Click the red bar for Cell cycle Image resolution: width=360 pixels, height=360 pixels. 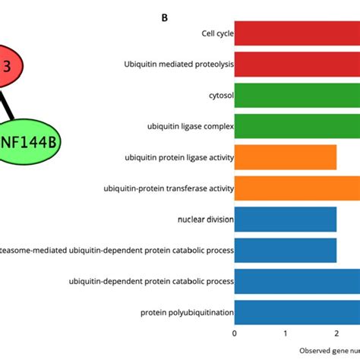pos(296,33)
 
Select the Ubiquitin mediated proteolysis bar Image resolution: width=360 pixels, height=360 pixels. pos(296,65)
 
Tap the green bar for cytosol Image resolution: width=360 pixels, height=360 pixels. pos(296,96)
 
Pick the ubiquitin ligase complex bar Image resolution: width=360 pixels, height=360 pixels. pos(296,127)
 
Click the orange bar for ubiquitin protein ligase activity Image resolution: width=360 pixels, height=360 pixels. pos(286,157)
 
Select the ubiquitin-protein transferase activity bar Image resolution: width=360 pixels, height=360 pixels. pos(296,188)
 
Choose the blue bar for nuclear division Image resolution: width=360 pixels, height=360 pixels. pos(286,219)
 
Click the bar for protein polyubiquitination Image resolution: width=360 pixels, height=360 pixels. pos(296,311)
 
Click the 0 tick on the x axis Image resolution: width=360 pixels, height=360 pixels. pos(235,333)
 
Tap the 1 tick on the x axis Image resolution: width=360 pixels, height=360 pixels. pos(286,333)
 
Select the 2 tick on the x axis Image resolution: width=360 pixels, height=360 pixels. pos(336,333)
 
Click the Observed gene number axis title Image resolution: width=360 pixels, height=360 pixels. pos(328,350)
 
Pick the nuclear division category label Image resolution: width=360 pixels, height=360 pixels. pos(205,219)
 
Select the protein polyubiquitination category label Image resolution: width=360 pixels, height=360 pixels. pos(187,312)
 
